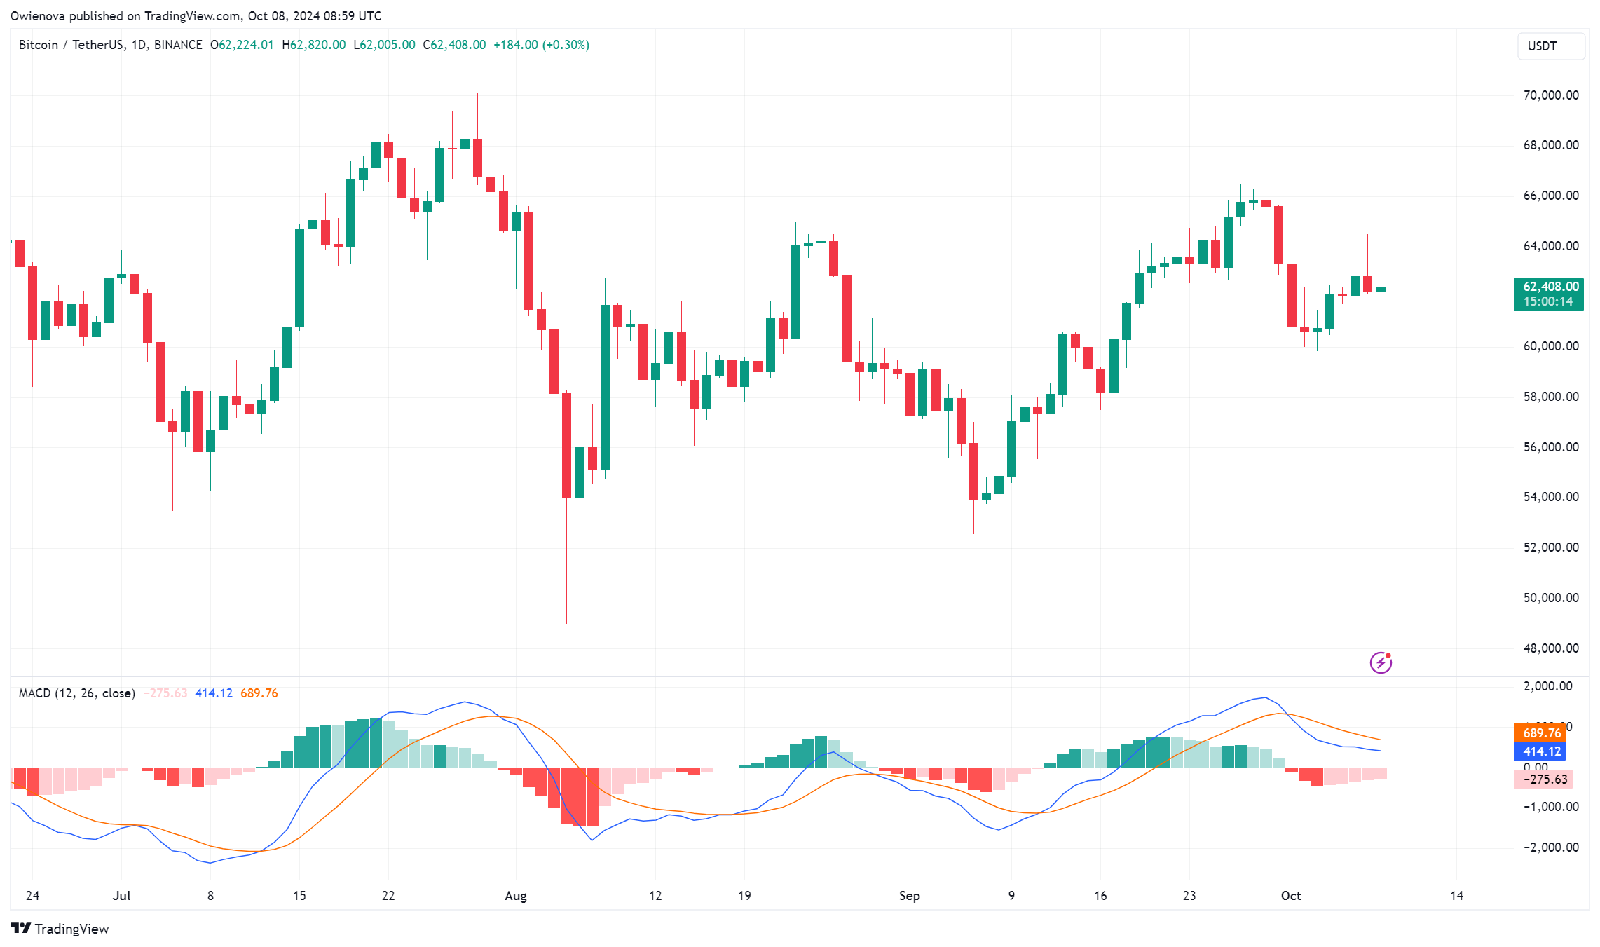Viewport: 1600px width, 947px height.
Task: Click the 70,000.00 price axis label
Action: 1550,95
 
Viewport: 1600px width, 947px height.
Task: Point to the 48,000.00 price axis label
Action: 1550,648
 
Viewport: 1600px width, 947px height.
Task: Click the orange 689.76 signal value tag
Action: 1541,733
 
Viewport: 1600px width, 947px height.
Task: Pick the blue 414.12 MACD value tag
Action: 1541,751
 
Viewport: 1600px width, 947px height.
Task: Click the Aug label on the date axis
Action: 516,896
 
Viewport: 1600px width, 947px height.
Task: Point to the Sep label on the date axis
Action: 910,896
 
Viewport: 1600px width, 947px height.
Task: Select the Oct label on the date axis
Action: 1291,896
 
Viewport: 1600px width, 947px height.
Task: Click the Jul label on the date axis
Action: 121,896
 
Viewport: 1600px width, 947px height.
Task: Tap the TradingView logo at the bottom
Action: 60,929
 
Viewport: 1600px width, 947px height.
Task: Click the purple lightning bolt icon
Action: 1381,662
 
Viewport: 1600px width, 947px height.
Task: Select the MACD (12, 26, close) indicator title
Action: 77,693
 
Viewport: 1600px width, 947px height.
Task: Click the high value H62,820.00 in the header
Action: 314,45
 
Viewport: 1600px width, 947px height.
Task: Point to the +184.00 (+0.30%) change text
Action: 541,45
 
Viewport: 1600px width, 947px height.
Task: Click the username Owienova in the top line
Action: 38,15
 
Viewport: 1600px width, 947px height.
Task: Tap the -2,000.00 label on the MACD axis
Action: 1550,847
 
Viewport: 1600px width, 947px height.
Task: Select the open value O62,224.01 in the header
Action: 242,45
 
